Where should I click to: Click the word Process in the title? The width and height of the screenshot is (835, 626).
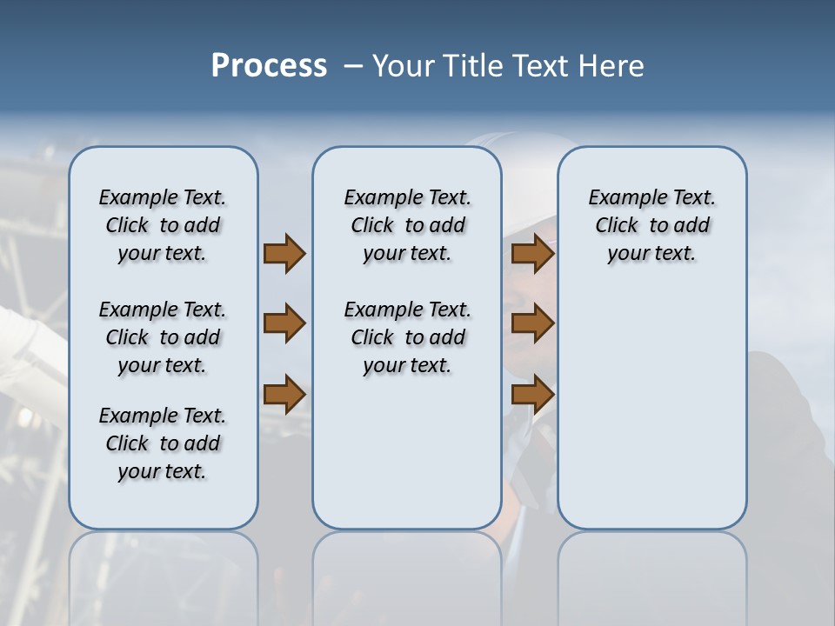click(269, 66)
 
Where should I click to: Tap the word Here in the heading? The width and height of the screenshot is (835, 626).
click(612, 66)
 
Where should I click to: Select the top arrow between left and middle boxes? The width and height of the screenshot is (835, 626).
click(284, 253)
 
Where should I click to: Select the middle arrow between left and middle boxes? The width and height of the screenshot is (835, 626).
click(284, 323)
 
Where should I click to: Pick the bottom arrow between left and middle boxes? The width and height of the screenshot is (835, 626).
click(284, 394)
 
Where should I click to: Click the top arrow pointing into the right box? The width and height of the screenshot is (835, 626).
click(532, 253)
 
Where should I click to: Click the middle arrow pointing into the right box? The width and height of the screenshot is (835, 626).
click(532, 323)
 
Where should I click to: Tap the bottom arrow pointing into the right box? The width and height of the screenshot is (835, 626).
click(532, 394)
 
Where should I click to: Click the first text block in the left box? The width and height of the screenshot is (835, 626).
click(163, 225)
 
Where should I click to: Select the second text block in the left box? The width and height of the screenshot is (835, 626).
click(163, 337)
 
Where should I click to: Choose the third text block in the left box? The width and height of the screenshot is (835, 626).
click(163, 443)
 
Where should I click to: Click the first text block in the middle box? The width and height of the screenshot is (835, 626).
click(407, 225)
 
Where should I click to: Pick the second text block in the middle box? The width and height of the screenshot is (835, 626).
click(407, 337)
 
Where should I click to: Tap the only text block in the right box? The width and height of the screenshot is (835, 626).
click(651, 225)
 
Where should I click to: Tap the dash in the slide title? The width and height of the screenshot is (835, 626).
click(353, 66)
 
